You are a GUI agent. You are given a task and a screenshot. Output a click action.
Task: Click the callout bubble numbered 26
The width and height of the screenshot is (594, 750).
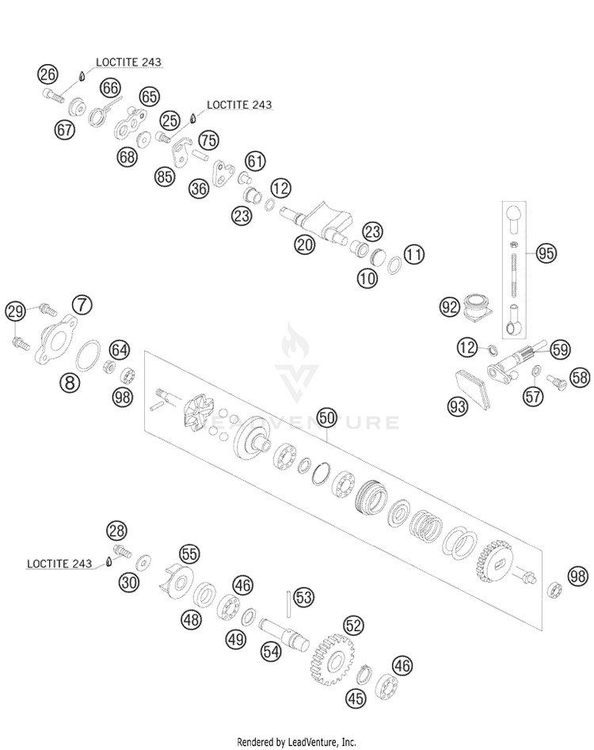pos(48,74)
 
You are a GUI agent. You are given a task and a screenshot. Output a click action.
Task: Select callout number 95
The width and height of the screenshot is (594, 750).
pos(546,253)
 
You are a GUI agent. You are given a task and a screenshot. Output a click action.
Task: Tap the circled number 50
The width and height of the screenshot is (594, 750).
pos(327,417)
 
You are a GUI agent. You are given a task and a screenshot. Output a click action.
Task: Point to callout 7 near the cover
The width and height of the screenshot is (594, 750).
pos(82,304)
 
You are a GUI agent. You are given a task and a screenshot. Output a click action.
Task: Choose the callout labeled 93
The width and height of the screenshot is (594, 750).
pos(459,406)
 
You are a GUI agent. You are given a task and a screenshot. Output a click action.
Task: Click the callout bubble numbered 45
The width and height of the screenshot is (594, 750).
pos(356,699)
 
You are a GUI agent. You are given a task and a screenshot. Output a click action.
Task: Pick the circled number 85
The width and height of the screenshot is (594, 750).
pos(165,177)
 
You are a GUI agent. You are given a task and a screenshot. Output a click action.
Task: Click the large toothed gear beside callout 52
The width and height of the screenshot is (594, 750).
pos(333,660)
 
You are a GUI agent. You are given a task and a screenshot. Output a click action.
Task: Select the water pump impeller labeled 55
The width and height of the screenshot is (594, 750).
pos(176,580)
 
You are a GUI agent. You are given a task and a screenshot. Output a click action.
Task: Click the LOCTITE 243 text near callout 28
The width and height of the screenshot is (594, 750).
pos(59,563)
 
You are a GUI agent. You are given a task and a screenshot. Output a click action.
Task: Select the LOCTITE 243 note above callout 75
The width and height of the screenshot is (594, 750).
pos(239,105)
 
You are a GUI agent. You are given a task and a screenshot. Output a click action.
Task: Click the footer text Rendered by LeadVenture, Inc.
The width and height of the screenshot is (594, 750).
pos(296,742)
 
